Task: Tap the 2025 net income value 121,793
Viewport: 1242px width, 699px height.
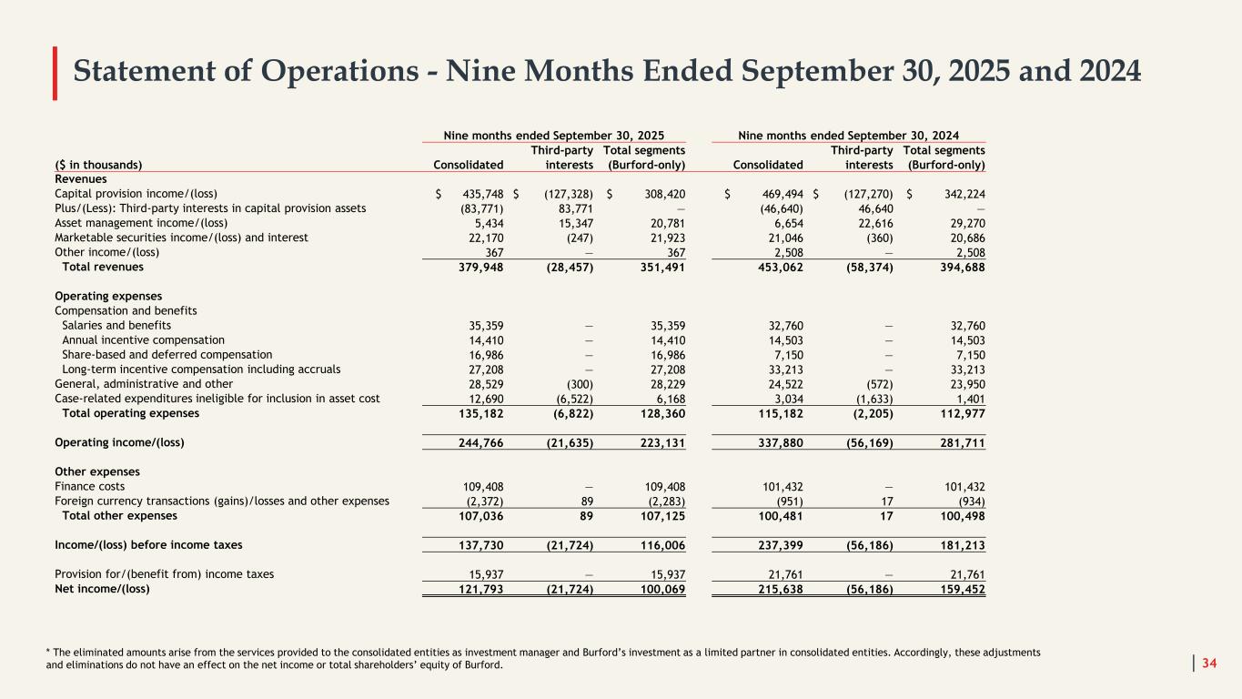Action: coord(480,588)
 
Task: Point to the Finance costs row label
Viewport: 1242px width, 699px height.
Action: coord(90,486)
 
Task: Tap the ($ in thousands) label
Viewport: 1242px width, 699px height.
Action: coord(98,164)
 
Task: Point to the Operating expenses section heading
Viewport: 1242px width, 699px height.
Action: coord(108,296)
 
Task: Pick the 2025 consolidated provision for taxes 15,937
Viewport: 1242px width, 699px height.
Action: coord(483,573)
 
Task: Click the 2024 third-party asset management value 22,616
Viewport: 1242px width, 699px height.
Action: coord(872,222)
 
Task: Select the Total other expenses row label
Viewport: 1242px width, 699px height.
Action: coord(119,515)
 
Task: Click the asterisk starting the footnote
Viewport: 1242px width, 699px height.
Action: coord(48,652)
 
